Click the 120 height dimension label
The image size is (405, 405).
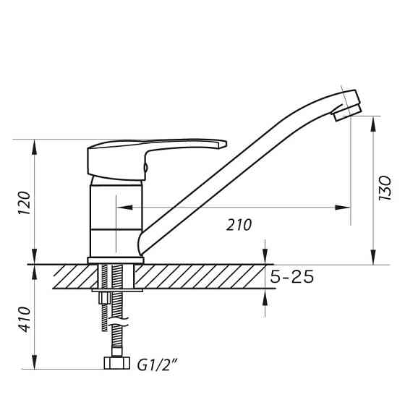(24, 204)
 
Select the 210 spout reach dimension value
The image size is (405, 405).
(238, 225)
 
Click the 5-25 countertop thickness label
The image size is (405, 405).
(291, 277)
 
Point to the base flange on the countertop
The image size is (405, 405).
(116, 259)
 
